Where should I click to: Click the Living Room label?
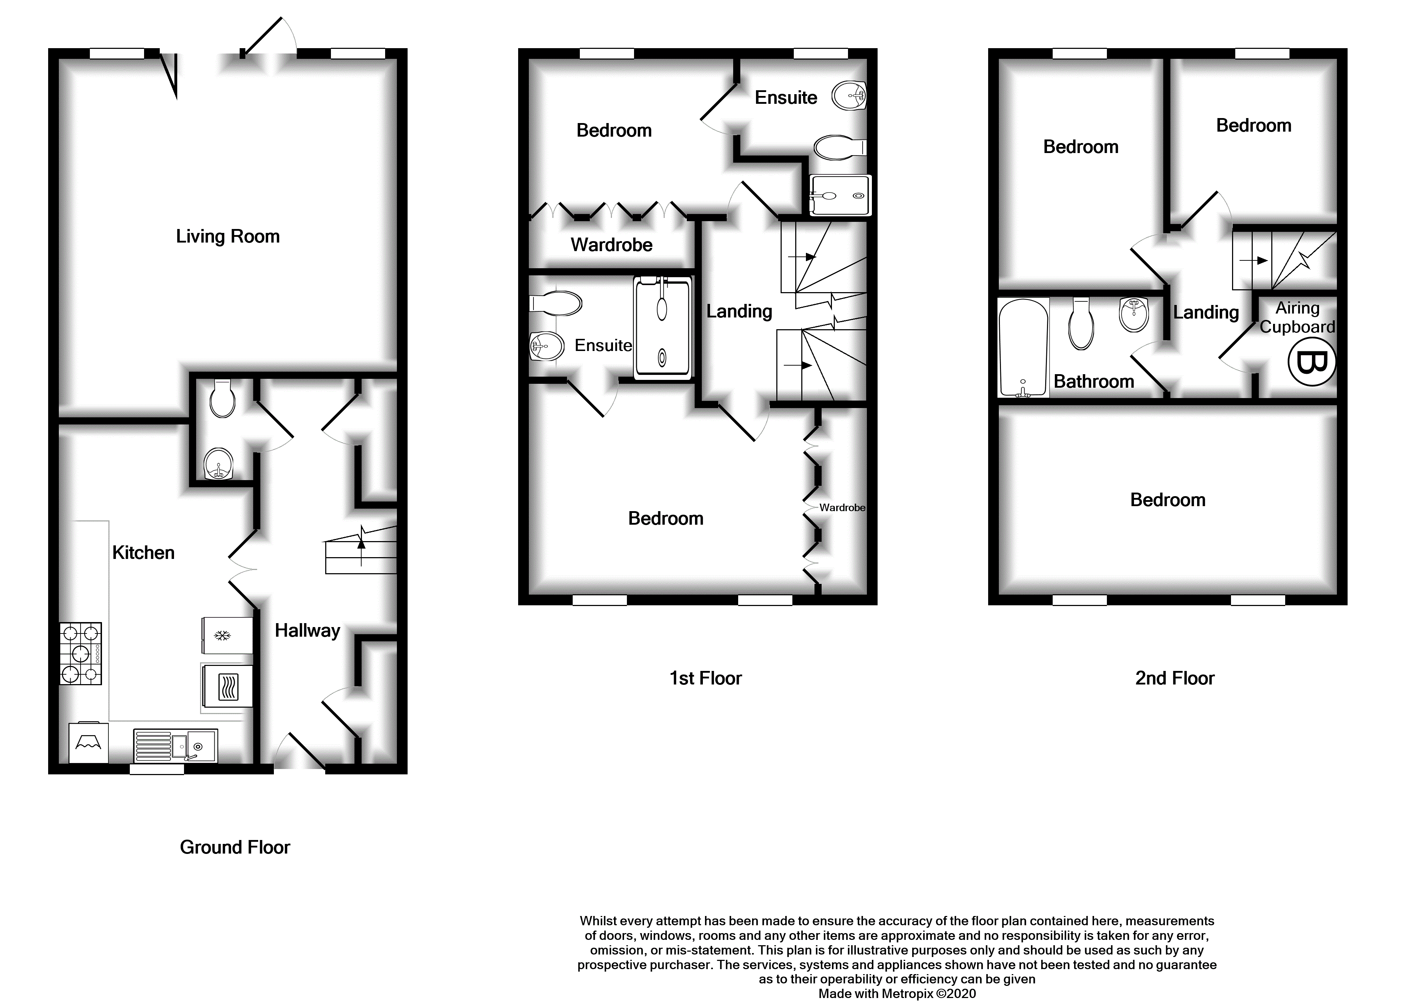[x=228, y=236]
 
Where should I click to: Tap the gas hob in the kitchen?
[x=81, y=653]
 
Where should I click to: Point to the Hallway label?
[x=307, y=631]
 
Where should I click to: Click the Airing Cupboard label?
[x=1297, y=317]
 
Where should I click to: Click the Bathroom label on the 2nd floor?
[x=1093, y=381]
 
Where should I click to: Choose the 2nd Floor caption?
[x=1174, y=678]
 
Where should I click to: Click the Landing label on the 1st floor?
[x=739, y=312]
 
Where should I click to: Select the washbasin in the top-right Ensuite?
[x=848, y=96]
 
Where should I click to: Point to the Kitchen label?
[x=143, y=553]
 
